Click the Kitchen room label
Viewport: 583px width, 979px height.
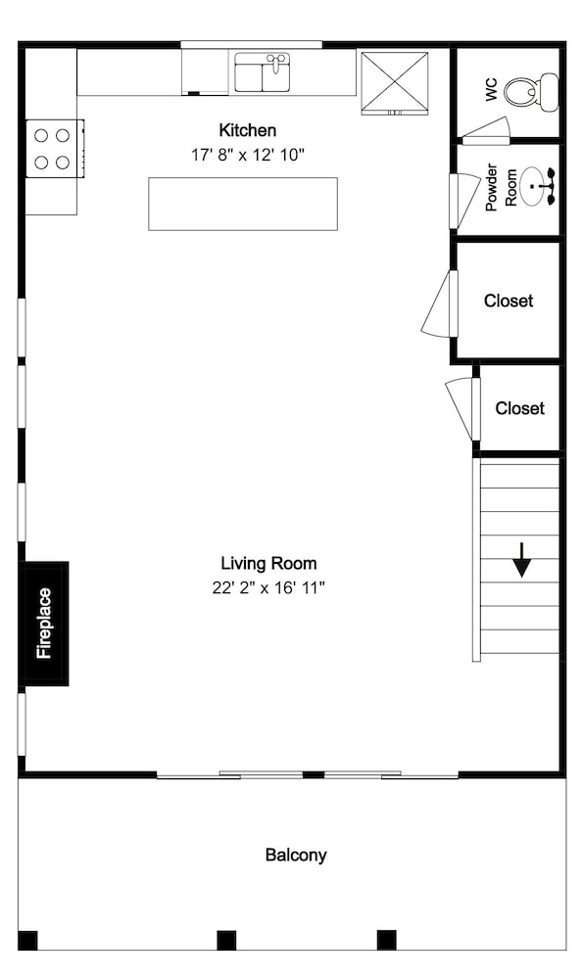click(x=248, y=130)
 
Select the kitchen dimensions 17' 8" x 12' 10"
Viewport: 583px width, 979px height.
click(x=248, y=155)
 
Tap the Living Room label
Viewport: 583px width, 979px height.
click(x=268, y=564)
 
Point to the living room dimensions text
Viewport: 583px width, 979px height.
click(x=268, y=588)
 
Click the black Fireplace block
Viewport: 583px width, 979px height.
click(x=44, y=623)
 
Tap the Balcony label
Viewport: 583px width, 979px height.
click(x=296, y=855)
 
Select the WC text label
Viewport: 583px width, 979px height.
click(x=491, y=90)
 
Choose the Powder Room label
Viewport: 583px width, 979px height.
click(x=501, y=187)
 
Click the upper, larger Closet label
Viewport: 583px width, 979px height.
click(x=509, y=301)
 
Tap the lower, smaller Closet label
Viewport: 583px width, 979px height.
click(x=520, y=408)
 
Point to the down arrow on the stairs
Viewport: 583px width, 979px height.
click(x=522, y=559)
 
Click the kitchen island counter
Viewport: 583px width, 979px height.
click(x=243, y=205)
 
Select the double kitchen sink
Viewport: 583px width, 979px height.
click(x=262, y=72)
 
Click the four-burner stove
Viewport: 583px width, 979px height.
click(x=54, y=149)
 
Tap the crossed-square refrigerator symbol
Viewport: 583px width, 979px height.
click(x=395, y=83)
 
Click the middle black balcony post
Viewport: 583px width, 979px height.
click(x=226, y=940)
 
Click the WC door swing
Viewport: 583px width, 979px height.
click(x=487, y=132)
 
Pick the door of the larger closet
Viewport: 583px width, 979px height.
click(x=441, y=304)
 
